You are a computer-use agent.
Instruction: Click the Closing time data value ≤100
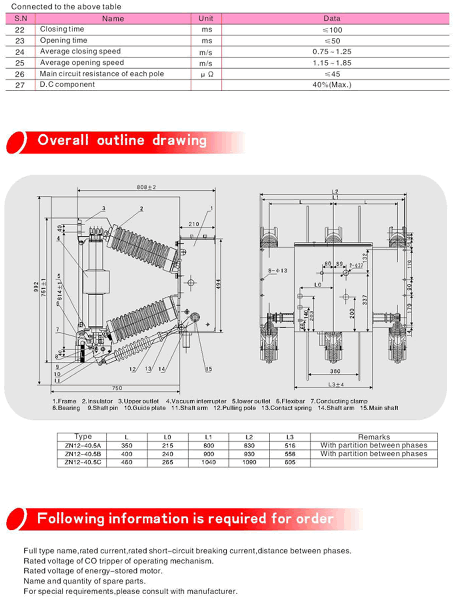(333, 30)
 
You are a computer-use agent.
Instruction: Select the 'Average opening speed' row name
(82, 63)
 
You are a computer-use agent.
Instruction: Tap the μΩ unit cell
(207, 74)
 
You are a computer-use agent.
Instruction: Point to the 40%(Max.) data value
(332, 85)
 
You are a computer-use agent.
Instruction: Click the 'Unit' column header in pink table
(206, 18)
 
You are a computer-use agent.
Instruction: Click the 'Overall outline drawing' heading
(122, 140)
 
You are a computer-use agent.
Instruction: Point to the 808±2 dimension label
(146, 187)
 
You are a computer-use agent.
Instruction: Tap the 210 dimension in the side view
(194, 224)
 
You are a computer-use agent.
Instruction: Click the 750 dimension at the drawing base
(117, 388)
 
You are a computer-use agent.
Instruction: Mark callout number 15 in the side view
(208, 369)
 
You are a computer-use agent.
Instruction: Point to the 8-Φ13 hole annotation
(278, 270)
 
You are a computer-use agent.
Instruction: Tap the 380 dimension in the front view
(335, 371)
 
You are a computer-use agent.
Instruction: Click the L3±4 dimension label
(336, 384)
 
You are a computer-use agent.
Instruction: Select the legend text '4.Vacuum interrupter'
(196, 401)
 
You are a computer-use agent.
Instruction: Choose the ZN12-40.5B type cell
(83, 454)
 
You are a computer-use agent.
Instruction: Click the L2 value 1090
(249, 462)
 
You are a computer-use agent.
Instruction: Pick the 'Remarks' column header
(374, 437)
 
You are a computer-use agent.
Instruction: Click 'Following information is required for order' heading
(185, 519)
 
